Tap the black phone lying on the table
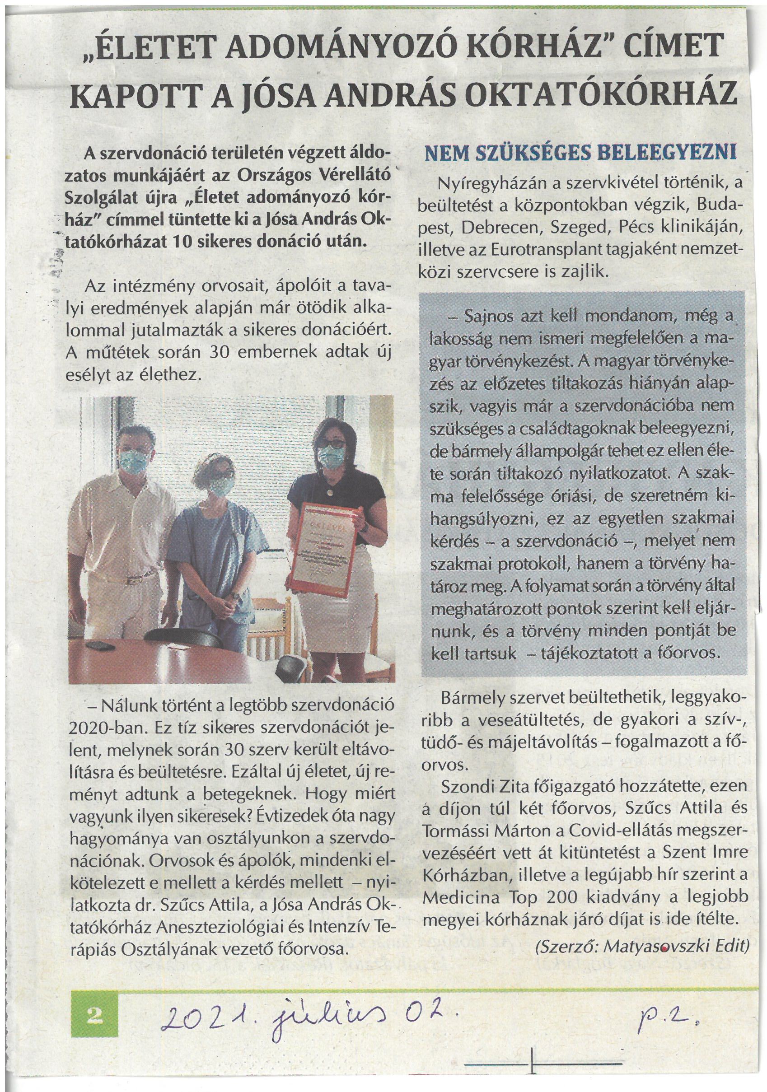[x=100, y=646]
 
